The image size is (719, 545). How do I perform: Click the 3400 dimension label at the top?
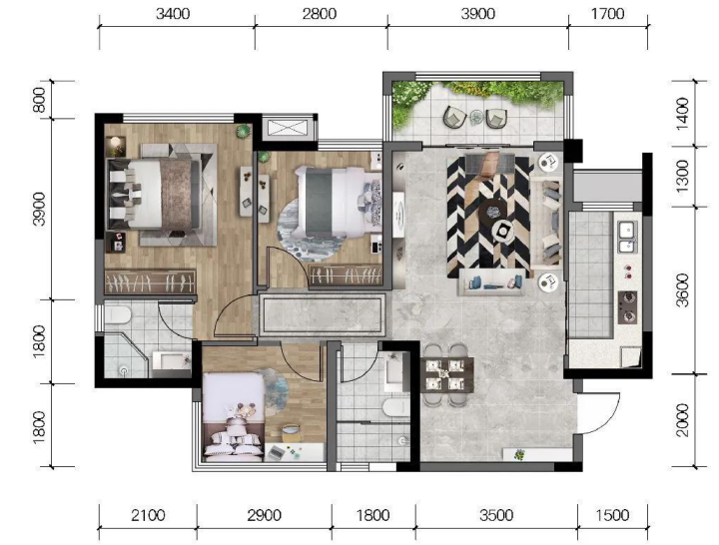tap(173, 14)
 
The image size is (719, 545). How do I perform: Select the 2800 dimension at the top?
tap(320, 14)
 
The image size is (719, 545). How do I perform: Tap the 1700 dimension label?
tap(607, 14)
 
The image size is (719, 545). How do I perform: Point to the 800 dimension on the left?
tap(40, 100)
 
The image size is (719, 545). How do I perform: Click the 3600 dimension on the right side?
tap(682, 290)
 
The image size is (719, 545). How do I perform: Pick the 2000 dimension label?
tap(682, 420)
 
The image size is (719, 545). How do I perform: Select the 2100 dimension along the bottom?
tap(148, 515)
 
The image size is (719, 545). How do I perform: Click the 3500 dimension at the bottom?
tap(496, 515)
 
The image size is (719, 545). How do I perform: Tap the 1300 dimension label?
tap(682, 177)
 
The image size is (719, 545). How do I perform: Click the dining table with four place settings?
tap(447, 374)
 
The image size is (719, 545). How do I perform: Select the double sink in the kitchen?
tap(627, 237)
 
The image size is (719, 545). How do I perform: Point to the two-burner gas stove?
tap(627, 307)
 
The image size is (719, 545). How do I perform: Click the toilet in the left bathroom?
tap(118, 314)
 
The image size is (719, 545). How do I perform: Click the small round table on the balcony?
tap(477, 118)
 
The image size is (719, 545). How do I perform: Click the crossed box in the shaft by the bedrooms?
tap(289, 127)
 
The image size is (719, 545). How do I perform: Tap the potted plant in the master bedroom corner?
tap(244, 132)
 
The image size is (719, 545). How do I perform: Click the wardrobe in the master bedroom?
tap(151, 281)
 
